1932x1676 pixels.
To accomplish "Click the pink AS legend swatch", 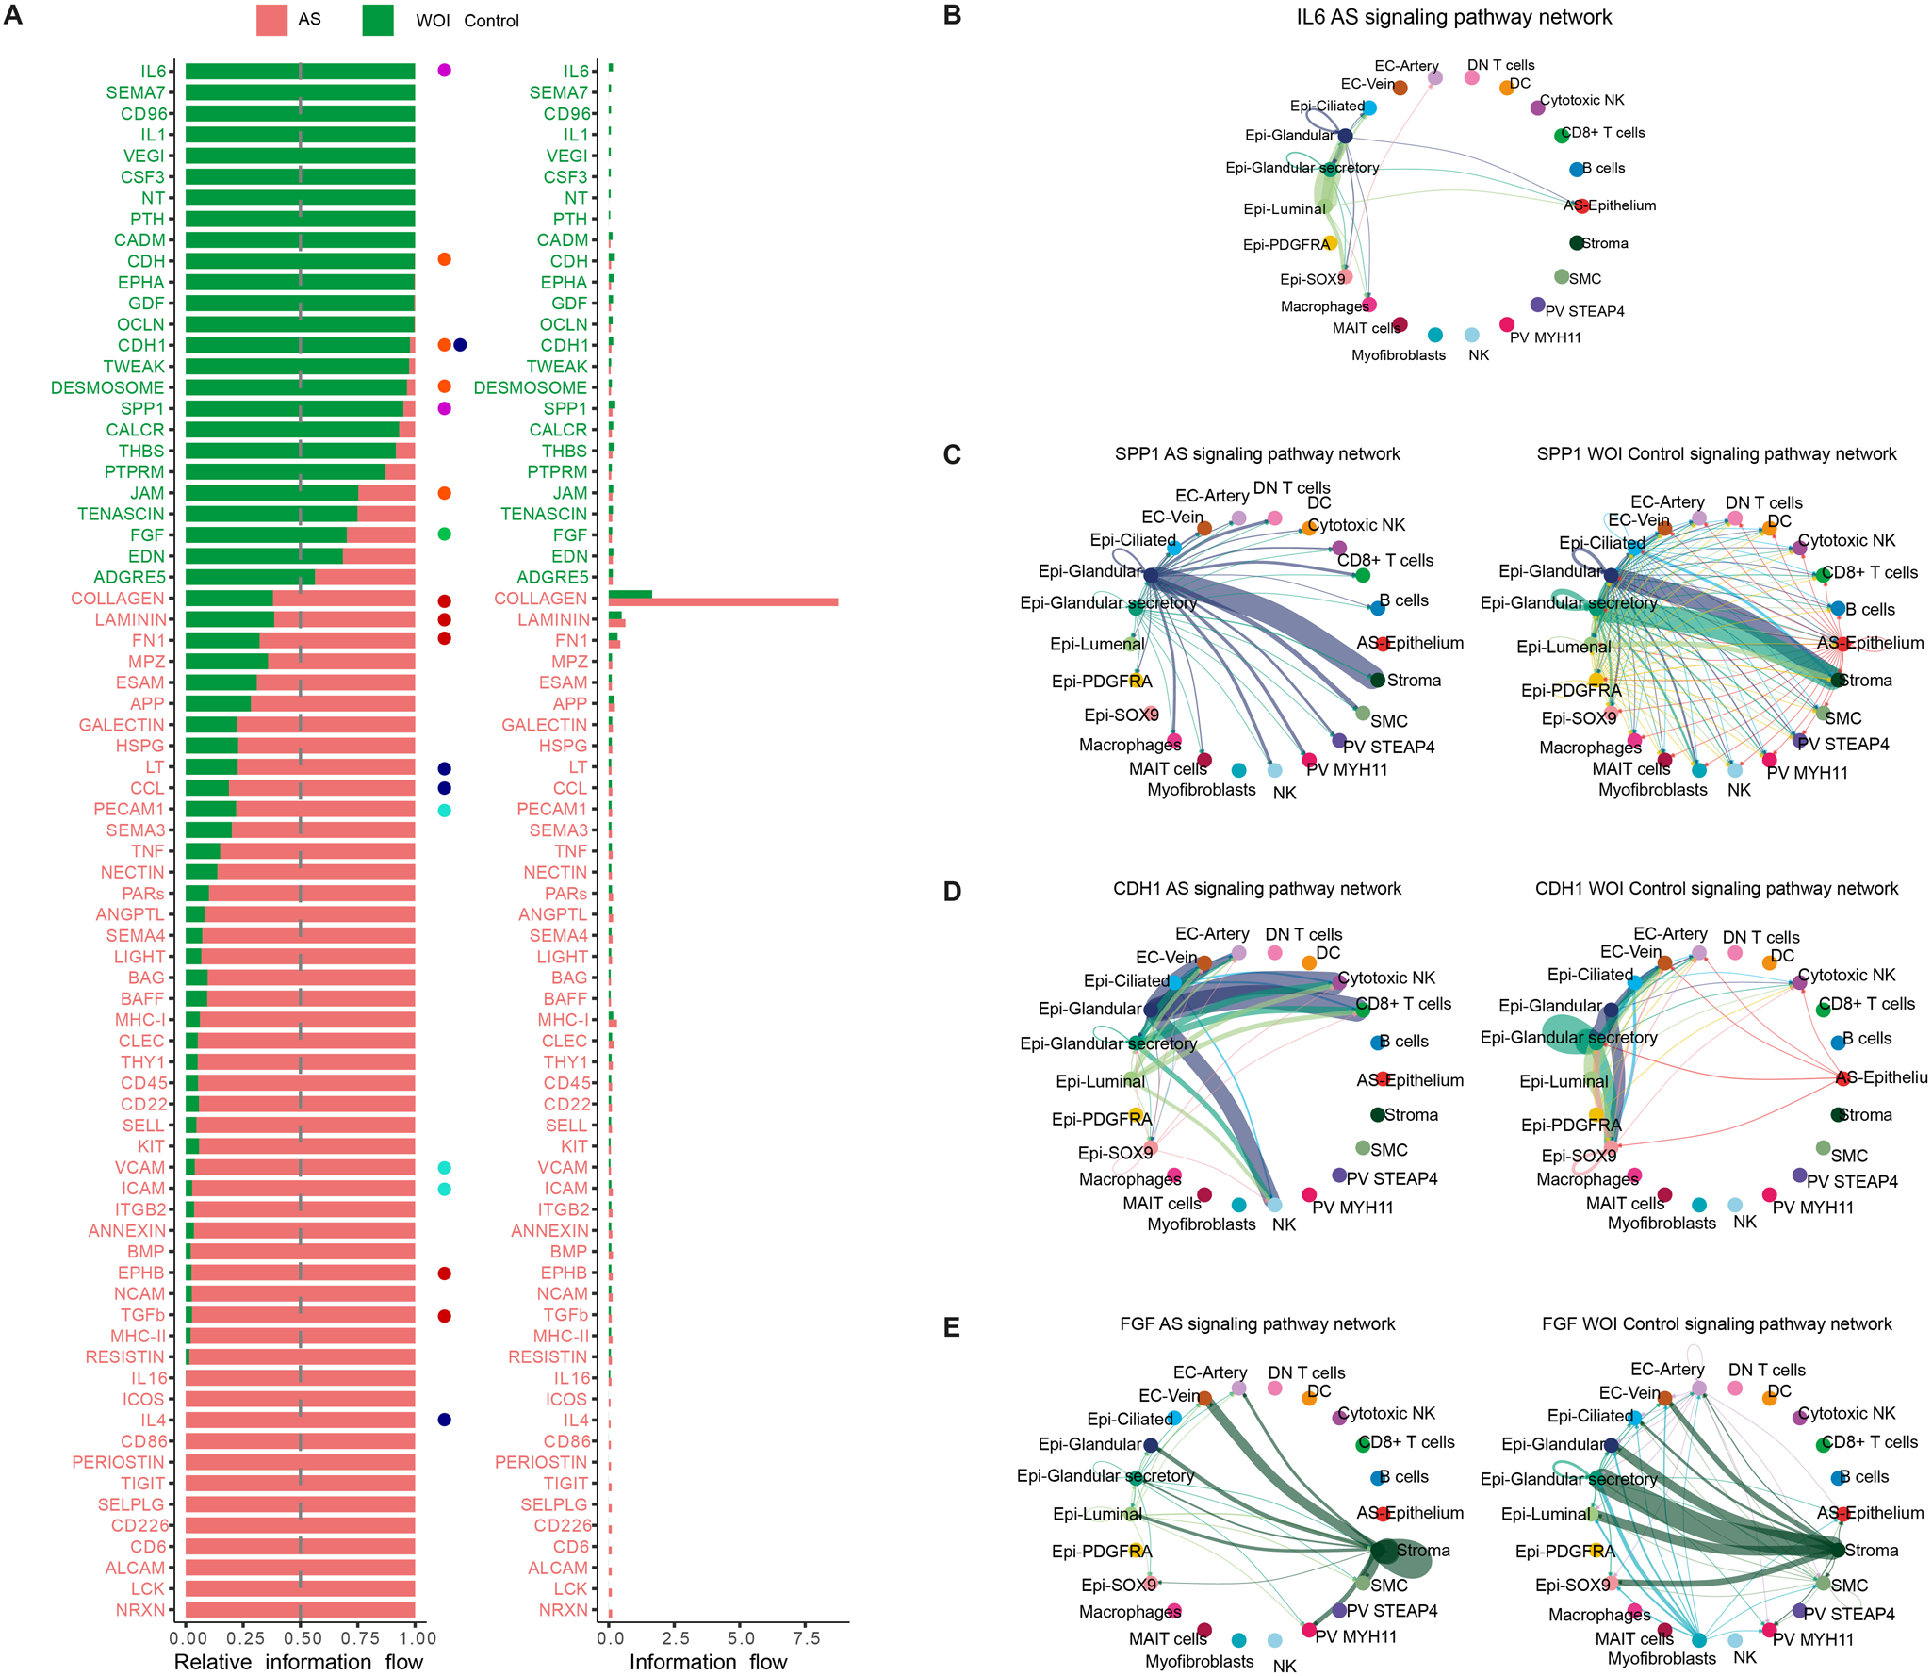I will point(271,20).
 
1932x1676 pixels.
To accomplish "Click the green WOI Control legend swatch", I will point(377,20).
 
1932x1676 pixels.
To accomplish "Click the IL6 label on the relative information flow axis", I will point(153,72).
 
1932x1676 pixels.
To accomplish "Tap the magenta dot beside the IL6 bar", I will point(444,71).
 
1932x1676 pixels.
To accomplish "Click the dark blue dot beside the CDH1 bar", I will point(460,345).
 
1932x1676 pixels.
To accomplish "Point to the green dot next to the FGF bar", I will point(444,534).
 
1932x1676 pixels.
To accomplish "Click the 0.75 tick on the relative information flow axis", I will point(358,1638).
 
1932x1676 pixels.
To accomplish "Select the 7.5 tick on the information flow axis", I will point(806,1638).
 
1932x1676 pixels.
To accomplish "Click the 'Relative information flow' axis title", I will point(299,1662).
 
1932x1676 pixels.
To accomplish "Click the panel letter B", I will point(952,16).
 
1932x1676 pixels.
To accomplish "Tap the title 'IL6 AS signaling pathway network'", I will point(1453,17).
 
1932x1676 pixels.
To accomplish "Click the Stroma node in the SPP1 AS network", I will point(1377,680).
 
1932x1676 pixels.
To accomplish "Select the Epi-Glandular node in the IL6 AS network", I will point(1345,136).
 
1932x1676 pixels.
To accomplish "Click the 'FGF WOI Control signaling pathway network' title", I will point(1716,1323).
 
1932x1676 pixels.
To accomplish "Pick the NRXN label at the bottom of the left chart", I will point(140,1610).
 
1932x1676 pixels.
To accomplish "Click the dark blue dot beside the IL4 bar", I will point(444,1420).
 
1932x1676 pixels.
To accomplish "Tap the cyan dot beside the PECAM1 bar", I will point(444,811).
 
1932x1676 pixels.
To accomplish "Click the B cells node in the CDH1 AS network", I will point(1378,1042).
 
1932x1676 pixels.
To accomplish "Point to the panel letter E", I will point(952,1327).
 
